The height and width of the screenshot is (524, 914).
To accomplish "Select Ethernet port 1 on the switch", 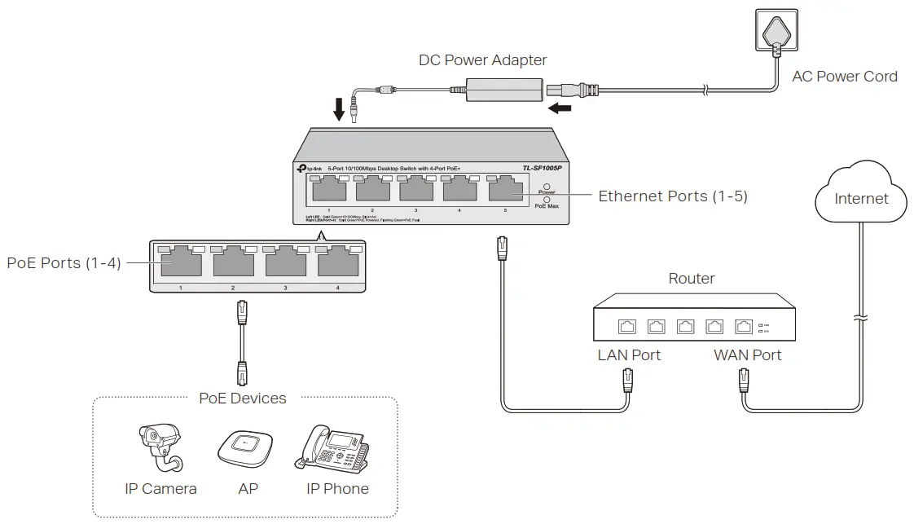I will tap(328, 190).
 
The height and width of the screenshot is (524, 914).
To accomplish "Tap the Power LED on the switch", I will tap(546, 187).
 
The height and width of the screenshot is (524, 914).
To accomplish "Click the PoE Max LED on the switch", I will tap(546, 200).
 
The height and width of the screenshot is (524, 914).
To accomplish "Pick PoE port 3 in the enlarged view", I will tap(285, 263).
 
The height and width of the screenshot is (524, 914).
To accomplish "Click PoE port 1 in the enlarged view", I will tap(180, 263).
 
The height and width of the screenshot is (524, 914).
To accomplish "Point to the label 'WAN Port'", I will tap(747, 355).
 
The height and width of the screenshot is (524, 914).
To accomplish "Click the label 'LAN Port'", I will tap(629, 355).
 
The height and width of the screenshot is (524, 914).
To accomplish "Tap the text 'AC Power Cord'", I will tap(844, 77).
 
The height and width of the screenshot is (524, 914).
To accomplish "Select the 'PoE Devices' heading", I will tap(243, 399).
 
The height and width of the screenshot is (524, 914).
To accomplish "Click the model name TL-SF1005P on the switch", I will tap(542, 169).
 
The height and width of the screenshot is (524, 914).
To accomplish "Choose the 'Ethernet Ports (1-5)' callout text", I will tap(672, 196).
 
